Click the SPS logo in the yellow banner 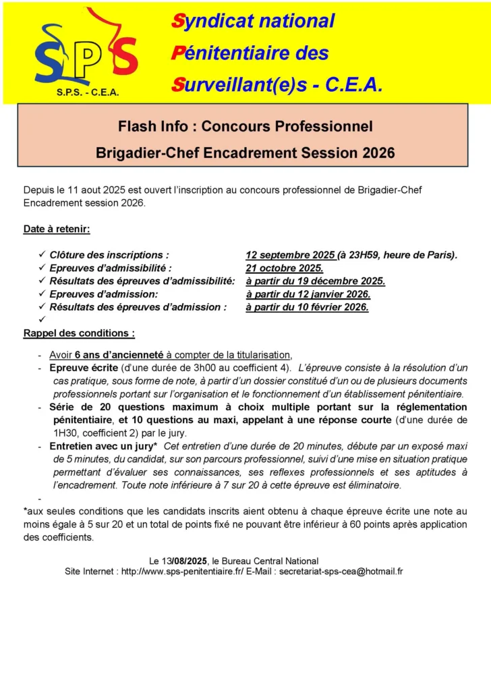pos(86,51)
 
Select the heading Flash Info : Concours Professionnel pos(245,126)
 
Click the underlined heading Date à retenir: pos(57,229)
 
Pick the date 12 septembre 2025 pos(290,255)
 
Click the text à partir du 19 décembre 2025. pos(315,281)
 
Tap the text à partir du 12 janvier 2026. pos(308,294)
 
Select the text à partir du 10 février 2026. pos(307,307)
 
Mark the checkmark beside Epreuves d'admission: pos(41,294)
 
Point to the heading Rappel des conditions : pos(79,333)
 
